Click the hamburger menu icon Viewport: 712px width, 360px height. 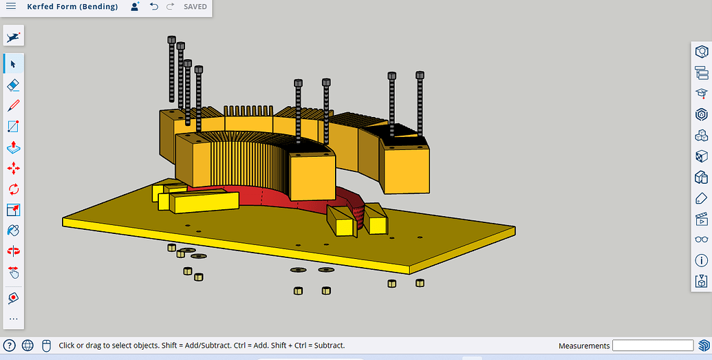pyautogui.click(x=11, y=7)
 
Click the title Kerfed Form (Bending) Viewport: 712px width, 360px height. pyautogui.click(x=72, y=7)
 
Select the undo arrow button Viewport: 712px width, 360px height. pyautogui.click(x=153, y=7)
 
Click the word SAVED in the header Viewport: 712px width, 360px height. pyautogui.click(x=195, y=7)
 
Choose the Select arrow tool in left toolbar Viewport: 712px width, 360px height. pyautogui.click(x=13, y=63)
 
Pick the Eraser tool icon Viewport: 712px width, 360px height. pyautogui.click(x=13, y=85)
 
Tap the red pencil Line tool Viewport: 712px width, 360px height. pyautogui.click(x=13, y=106)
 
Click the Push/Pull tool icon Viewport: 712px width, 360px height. pyautogui.click(x=13, y=147)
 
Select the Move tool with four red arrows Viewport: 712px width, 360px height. pyautogui.click(x=13, y=168)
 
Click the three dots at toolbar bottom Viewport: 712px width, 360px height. pyautogui.click(x=13, y=319)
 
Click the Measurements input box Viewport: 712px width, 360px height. pyautogui.click(x=653, y=346)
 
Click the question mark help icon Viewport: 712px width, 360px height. pyautogui.click(x=10, y=346)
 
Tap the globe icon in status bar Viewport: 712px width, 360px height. pyautogui.click(x=28, y=346)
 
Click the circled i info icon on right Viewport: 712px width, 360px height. pyautogui.click(x=702, y=260)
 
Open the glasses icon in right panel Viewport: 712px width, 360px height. pyautogui.click(x=702, y=240)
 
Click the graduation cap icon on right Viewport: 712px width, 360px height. pyautogui.click(x=702, y=93)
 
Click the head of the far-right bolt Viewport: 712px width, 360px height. pyautogui.click(x=420, y=74)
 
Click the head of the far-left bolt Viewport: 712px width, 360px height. pyautogui.click(x=171, y=39)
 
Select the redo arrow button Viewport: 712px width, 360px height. pyautogui.click(x=170, y=7)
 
